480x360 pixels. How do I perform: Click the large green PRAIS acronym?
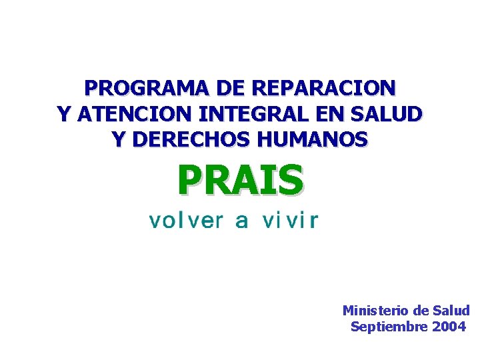240,181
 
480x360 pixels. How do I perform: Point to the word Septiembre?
389,327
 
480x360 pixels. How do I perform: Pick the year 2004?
449,327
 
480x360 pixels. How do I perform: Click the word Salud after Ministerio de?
451,311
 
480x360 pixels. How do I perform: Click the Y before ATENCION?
65,114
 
